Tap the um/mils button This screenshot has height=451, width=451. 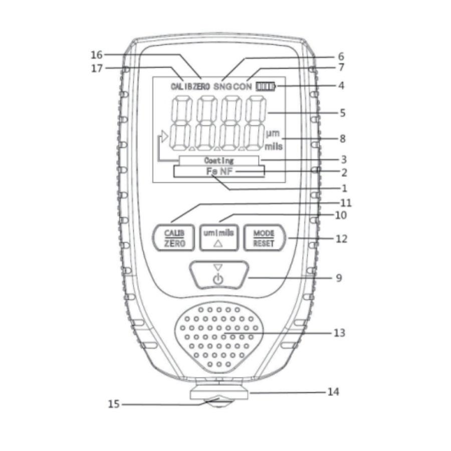click(x=219, y=238)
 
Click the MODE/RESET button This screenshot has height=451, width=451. click(x=264, y=238)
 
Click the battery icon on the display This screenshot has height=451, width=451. click(x=266, y=86)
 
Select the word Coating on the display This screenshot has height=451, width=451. click(x=219, y=160)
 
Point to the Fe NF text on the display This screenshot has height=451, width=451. click(x=219, y=171)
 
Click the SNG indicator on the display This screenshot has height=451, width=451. click(x=222, y=86)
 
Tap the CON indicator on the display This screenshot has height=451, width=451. click(x=242, y=86)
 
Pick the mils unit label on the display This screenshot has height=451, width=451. click(x=273, y=146)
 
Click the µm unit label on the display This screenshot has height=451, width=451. click(x=273, y=133)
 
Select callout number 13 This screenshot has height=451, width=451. click(x=339, y=333)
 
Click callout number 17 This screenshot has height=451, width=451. click(x=97, y=69)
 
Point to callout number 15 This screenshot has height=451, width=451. click(x=113, y=404)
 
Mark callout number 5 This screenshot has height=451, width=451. click(x=342, y=113)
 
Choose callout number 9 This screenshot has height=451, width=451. click(x=339, y=278)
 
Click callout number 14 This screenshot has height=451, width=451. click(x=333, y=392)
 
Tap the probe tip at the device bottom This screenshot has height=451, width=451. click(x=218, y=403)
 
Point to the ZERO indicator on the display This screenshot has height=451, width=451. click(x=201, y=86)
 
